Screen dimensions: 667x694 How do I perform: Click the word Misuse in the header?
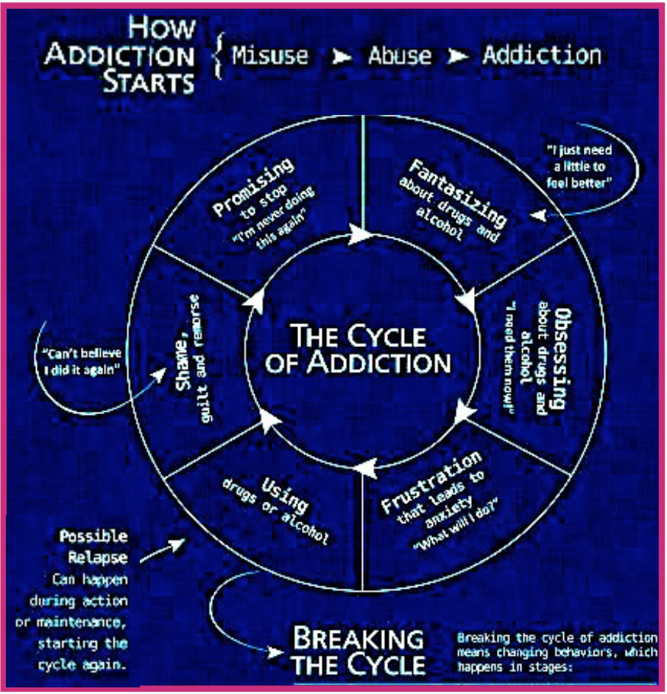point(270,56)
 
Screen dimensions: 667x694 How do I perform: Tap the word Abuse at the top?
point(400,56)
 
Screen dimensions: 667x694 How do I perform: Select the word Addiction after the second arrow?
point(542,55)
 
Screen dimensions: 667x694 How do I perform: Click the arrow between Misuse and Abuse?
point(342,57)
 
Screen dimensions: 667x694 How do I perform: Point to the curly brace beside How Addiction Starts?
point(218,56)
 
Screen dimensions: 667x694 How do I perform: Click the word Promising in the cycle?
point(253,187)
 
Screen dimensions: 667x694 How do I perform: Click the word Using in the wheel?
point(284,495)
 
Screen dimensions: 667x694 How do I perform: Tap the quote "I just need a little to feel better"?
point(579,167)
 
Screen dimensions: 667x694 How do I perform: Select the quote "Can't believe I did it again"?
point(82,361)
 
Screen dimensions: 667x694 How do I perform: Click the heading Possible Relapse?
point(94,547)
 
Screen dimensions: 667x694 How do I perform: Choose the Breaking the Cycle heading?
point(359,651)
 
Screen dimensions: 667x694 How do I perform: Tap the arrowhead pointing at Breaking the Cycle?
point(275,652)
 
